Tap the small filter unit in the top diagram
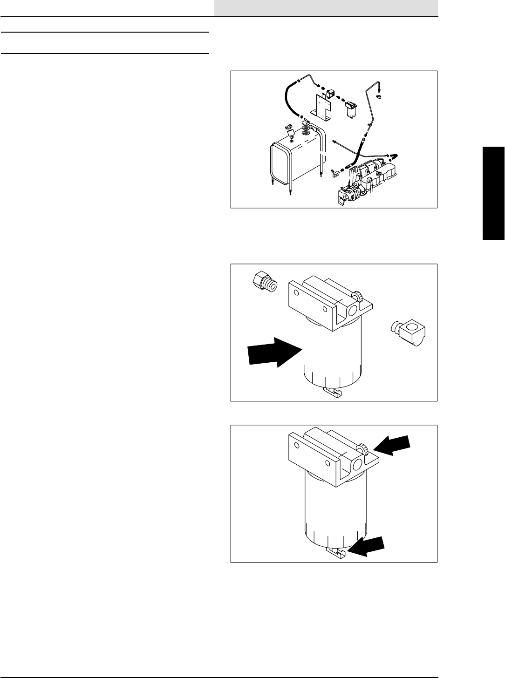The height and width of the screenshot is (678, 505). pos(351,109)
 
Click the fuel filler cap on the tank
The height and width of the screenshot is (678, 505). pos(288,126)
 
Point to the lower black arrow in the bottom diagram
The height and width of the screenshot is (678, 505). pos(368,547)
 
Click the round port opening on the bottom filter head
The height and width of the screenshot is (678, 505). pos(358,466)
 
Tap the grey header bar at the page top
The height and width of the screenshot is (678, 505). pos(326,7)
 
